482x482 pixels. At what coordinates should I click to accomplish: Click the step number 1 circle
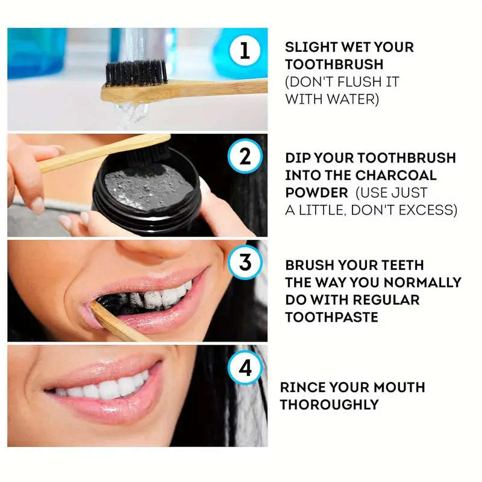245,51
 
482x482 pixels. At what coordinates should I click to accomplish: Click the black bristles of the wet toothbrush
136,73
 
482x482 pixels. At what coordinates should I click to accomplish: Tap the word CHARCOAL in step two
386,175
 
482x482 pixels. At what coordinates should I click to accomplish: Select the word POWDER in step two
315,193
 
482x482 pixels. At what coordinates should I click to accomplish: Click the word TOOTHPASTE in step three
332,317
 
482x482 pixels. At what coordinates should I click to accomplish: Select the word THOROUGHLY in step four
330,404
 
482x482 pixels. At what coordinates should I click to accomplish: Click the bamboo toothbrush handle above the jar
90,154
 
